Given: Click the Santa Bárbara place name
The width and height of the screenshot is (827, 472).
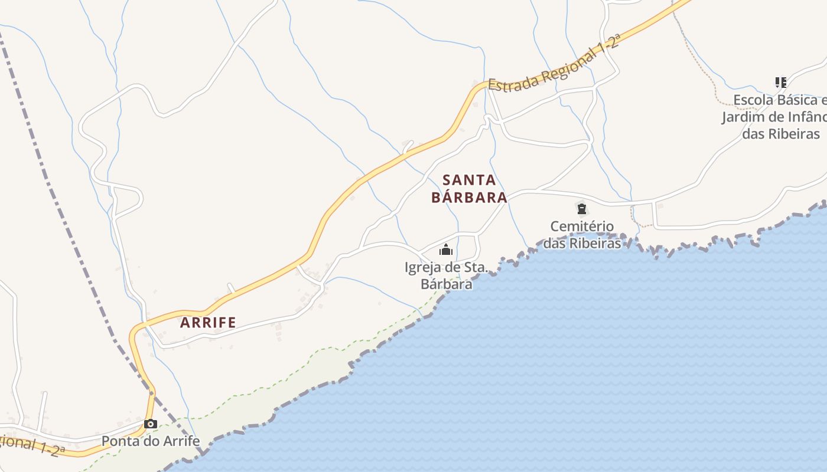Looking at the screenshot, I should point(469,189).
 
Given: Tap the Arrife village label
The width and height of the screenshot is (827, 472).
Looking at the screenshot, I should point(208,323).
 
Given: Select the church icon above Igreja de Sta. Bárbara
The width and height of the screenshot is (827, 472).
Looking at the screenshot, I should point(446,250).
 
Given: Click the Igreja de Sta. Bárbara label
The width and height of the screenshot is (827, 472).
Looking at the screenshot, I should point(447,276).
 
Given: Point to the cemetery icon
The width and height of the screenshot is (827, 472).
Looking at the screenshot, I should point(582,208).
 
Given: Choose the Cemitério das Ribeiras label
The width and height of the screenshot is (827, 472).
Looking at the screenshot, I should point(582,234).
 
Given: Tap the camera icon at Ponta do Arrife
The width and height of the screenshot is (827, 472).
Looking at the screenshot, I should point(151,424).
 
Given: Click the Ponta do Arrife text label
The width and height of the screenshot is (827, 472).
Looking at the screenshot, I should point(151,441).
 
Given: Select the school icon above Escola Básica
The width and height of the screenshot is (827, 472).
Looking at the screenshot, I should point(781,83).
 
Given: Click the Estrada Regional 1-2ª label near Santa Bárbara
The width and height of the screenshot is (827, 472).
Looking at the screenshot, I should point(555,64).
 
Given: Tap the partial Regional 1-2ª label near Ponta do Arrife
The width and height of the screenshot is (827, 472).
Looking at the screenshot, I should point(32,444).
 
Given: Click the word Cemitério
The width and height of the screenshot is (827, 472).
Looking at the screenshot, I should point(582,226).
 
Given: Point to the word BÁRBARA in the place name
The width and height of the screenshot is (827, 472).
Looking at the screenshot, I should point(469,197).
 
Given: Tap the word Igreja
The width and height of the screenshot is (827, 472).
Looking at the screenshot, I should point(423,267).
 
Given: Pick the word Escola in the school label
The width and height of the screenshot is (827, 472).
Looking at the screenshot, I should point(754,100).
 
